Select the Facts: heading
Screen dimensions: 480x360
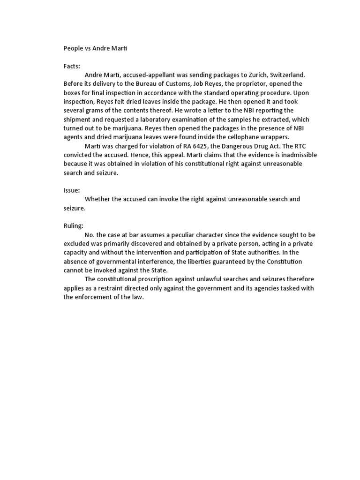(x=72, y=66)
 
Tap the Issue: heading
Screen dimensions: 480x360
(x=72, y=190)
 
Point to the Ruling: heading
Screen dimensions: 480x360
(x=74, y=225)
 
